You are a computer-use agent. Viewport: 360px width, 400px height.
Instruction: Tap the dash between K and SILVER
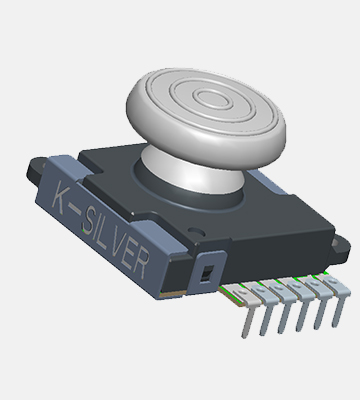[76, 210]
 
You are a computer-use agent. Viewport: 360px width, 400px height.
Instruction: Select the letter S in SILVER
[88, 220]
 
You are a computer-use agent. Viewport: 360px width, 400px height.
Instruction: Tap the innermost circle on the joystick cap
[211, 99]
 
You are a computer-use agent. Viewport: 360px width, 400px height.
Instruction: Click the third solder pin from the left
[284, 308]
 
